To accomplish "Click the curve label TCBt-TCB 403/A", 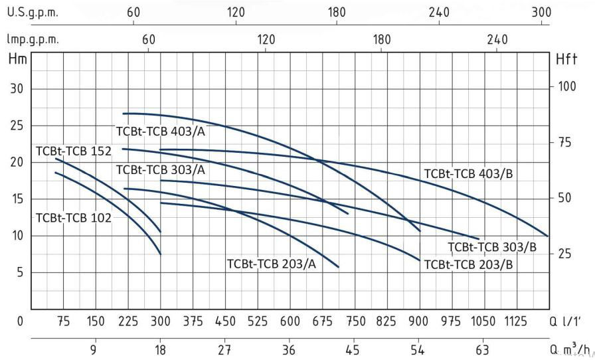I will click(160, 131).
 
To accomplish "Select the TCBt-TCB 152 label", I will click(74, 151).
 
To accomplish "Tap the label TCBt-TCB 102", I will click(74, 217).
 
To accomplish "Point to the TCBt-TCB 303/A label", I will click(160, 170).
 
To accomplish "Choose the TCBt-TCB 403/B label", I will click(469, 174).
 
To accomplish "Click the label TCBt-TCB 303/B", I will click(492, 247).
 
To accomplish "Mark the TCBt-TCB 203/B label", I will click(468, 264).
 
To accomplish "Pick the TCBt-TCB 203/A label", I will click(272, 263).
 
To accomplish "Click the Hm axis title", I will click(17, 59).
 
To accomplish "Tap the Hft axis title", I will click(568, 59).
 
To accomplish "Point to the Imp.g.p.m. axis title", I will click(33, 40).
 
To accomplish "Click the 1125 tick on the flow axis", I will click(517, 322).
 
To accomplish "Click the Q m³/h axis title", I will click(570, 350).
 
